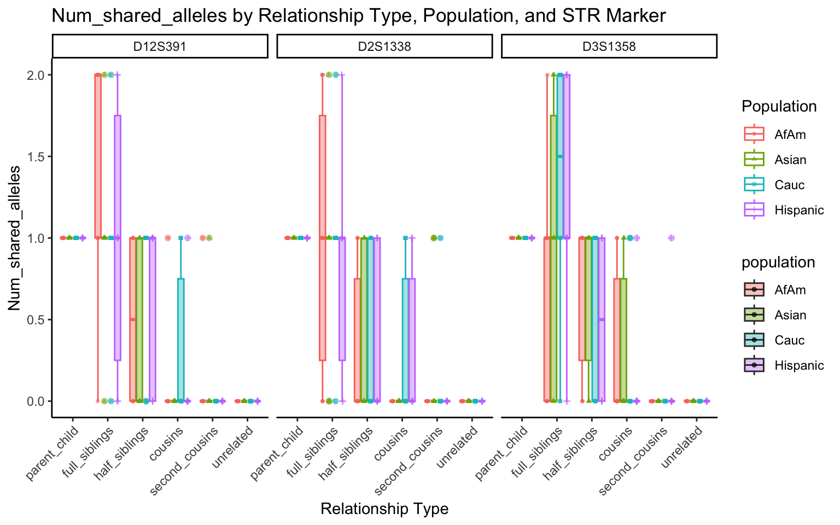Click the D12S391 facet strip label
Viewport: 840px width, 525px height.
160,46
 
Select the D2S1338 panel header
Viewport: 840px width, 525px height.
384,46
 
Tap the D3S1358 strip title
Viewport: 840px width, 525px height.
609,46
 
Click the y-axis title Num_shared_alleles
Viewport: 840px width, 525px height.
15,238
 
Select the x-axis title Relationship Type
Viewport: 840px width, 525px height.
384,509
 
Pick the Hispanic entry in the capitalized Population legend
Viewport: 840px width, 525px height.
798,210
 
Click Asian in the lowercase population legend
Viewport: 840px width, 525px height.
790,315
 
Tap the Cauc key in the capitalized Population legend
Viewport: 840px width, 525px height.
789,185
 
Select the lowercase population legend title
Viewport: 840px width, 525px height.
778,262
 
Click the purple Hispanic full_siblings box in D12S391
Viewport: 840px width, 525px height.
118,238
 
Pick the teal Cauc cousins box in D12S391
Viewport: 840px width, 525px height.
181,340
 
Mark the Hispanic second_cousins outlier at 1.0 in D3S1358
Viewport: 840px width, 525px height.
672,238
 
